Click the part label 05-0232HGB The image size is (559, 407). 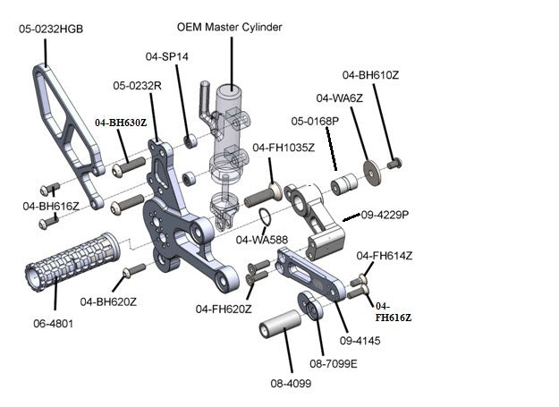(51, 29)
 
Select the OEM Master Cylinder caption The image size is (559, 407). (230, 27)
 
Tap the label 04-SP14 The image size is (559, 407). (167, 55)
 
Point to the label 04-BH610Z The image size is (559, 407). (370, 75)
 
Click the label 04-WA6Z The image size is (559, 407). (339, 98)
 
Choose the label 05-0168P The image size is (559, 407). (314, 120)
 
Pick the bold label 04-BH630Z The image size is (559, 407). (121, 121)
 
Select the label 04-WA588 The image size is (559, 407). (261, 240)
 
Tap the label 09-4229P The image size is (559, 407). (385, 215)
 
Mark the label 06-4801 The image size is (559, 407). (53, 323)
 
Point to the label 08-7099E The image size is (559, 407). (333, 364)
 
